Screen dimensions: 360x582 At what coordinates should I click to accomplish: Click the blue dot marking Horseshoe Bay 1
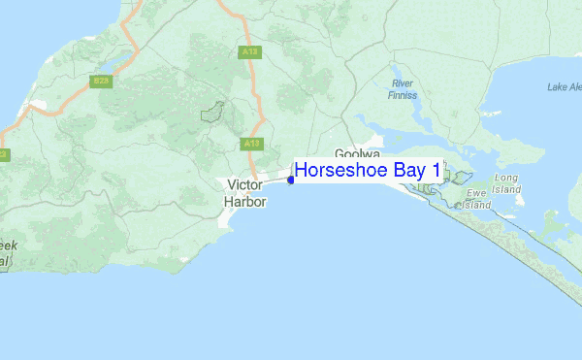291,180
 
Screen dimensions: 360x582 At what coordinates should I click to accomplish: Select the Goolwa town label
355,154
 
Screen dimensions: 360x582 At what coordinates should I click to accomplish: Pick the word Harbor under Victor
244,202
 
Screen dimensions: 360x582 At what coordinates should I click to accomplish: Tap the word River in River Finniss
404,84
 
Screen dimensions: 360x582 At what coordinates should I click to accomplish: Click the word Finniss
404,96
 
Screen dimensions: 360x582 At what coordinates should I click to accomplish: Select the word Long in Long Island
506,179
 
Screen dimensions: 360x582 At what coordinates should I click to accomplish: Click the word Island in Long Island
506,190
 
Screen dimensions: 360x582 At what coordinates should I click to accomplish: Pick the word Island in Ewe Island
476,206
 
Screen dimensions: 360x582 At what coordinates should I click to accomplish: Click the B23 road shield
102,81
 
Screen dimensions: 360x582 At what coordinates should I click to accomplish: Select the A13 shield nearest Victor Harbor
251,144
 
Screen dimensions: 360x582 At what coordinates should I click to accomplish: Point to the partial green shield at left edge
3,154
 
